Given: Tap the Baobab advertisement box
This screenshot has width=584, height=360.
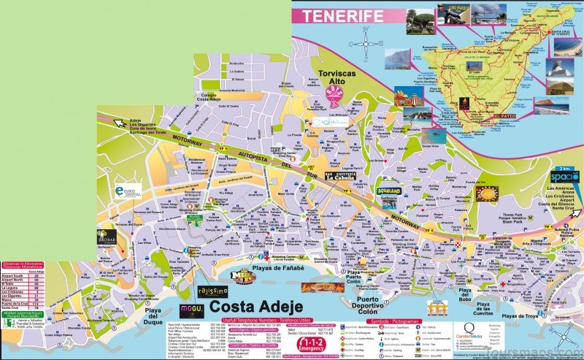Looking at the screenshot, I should click(107, 237).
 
